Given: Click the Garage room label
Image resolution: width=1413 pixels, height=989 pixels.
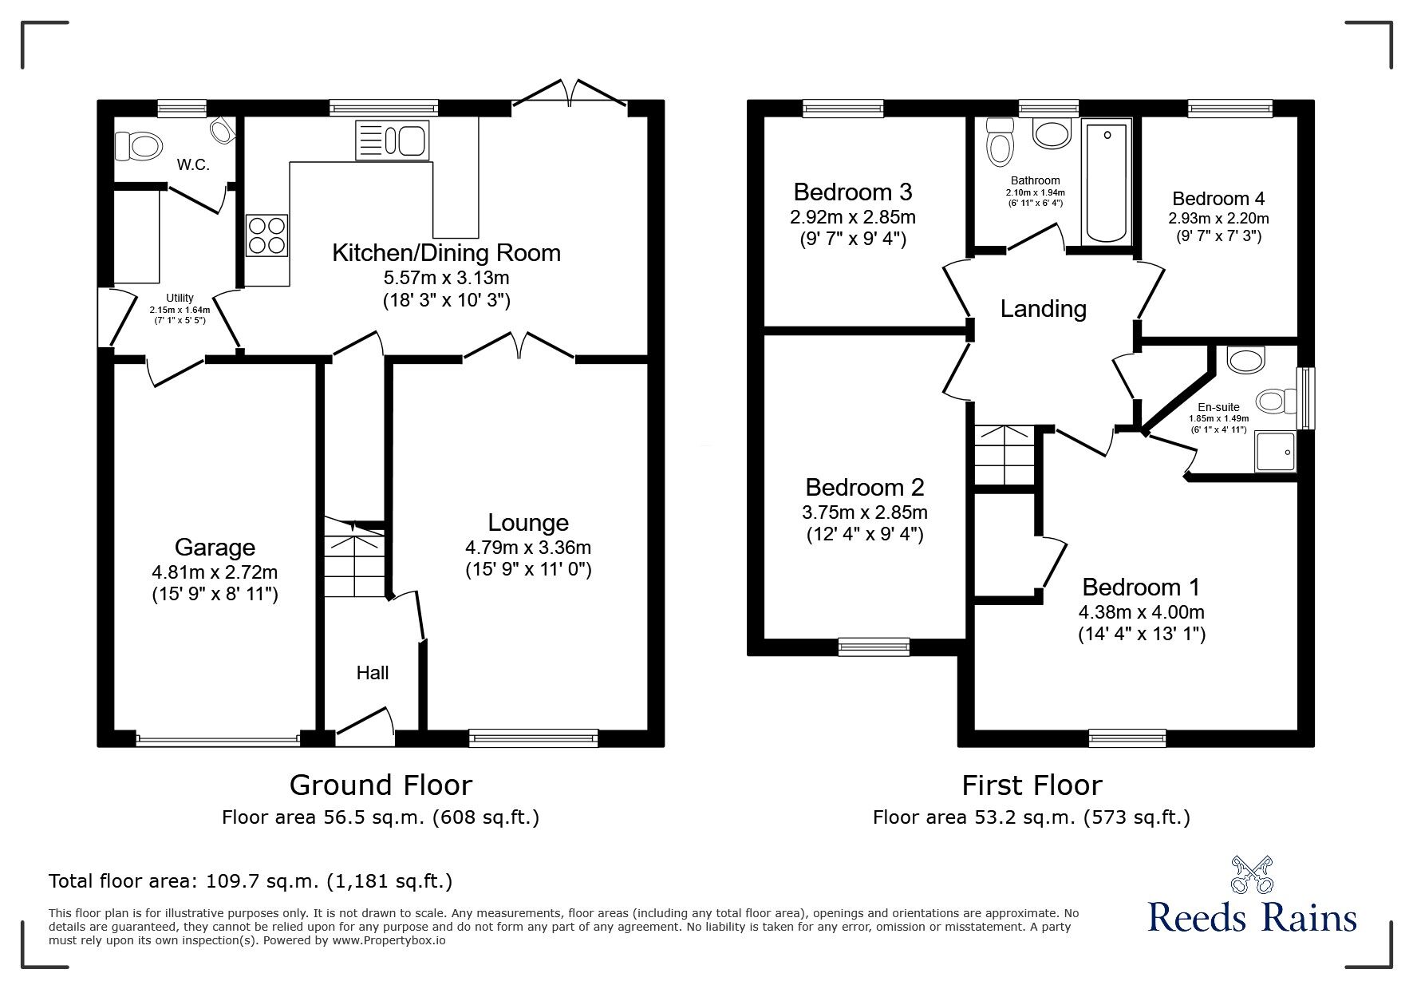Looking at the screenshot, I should (x=215, y=547).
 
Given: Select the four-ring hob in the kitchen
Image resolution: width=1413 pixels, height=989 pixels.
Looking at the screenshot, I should (x=267, y=235).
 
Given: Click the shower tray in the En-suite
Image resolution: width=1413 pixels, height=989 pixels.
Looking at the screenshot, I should (x=1275, y=451).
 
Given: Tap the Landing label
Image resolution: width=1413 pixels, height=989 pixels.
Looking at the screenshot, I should (x=1043, y=308).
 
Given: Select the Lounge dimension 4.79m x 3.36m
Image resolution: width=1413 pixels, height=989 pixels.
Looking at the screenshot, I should (x=528, y=547).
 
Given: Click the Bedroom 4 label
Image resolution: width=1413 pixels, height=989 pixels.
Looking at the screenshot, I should (x=1218, y=198).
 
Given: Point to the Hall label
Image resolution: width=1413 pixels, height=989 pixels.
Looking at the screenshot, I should (x=373, y=673).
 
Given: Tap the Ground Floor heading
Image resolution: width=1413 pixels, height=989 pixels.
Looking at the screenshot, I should (x=381, y=785).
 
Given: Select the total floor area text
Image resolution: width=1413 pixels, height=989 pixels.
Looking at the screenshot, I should (x=251, y=881).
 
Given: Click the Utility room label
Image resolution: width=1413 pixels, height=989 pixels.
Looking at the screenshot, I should (x=180, y=298).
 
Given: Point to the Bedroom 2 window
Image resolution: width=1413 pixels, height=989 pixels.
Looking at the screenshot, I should (x=874, y=647).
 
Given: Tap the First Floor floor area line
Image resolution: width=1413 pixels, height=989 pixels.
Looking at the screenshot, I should (x=1031, y=817).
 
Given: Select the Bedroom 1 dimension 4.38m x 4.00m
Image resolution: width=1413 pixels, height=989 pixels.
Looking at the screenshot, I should (x=1141, y=612).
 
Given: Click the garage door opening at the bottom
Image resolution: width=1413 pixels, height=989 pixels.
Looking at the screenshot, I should (x=218, y=739).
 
